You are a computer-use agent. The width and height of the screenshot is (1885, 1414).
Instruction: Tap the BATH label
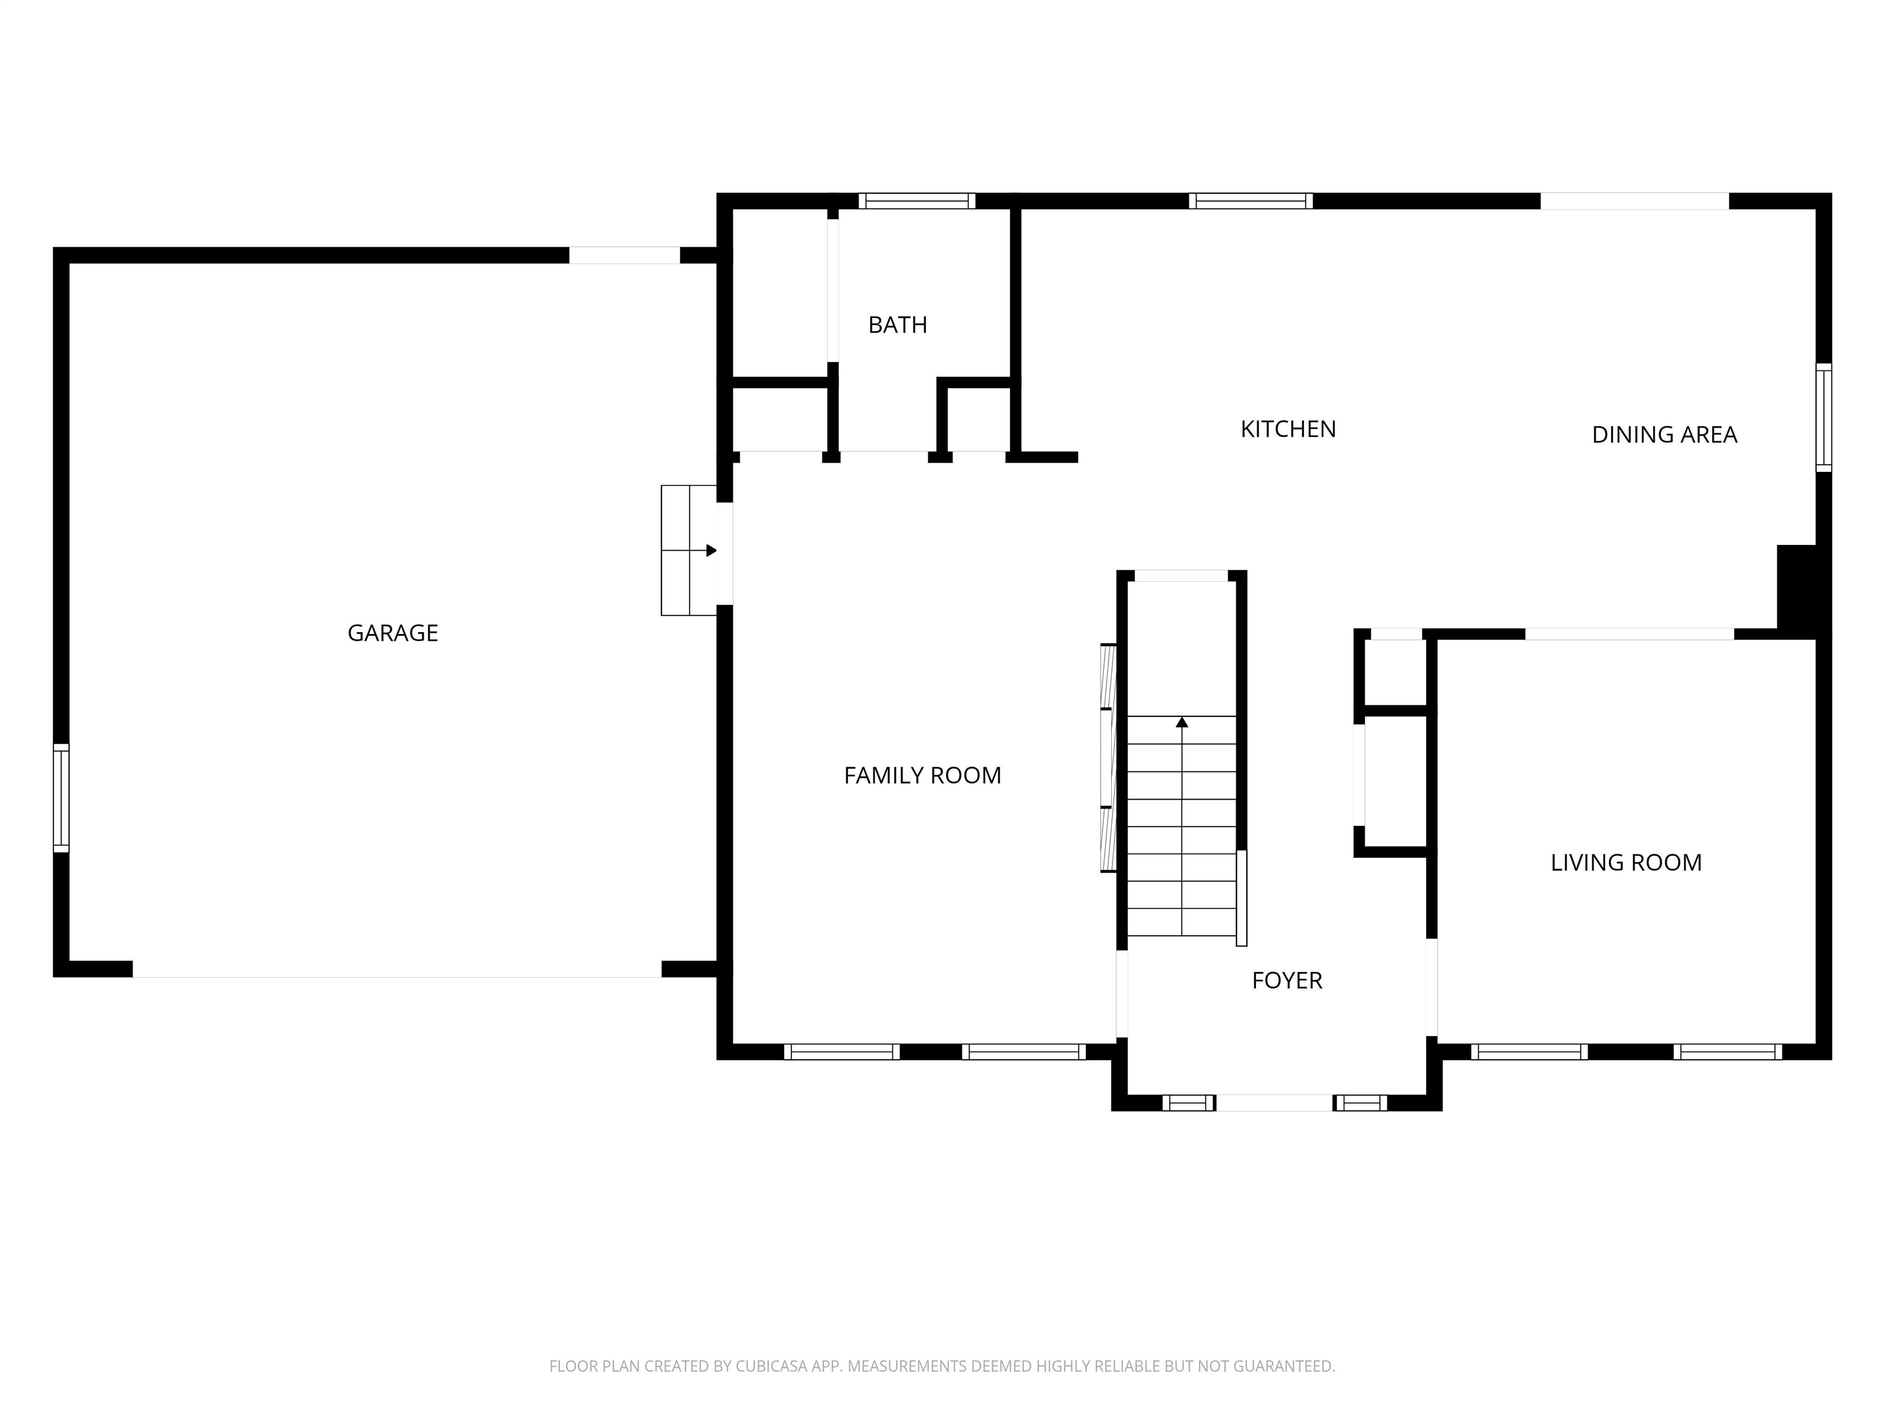click(897, 325)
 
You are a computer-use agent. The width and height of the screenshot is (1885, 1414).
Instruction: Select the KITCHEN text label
click(1287, 430)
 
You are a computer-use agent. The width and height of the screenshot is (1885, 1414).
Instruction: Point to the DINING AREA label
click(1663, 435)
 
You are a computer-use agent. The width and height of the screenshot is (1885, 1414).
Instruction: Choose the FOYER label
click(1287, 981)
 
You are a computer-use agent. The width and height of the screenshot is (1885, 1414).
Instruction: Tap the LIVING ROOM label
click(1625, 862)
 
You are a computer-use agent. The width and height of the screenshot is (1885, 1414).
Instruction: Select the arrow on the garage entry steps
click(710, 551)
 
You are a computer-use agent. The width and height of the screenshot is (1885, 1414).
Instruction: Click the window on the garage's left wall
click(61, 798)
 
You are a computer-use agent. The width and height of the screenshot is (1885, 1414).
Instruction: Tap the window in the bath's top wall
click(916, 201)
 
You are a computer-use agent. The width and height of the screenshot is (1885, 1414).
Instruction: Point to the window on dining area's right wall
click(1823, 418)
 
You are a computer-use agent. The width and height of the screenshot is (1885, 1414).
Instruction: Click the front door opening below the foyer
click(1273, 1103)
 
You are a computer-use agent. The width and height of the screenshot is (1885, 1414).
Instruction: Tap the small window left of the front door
click(1188, 1103)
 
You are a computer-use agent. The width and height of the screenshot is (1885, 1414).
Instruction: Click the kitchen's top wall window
click(1250, 201)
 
